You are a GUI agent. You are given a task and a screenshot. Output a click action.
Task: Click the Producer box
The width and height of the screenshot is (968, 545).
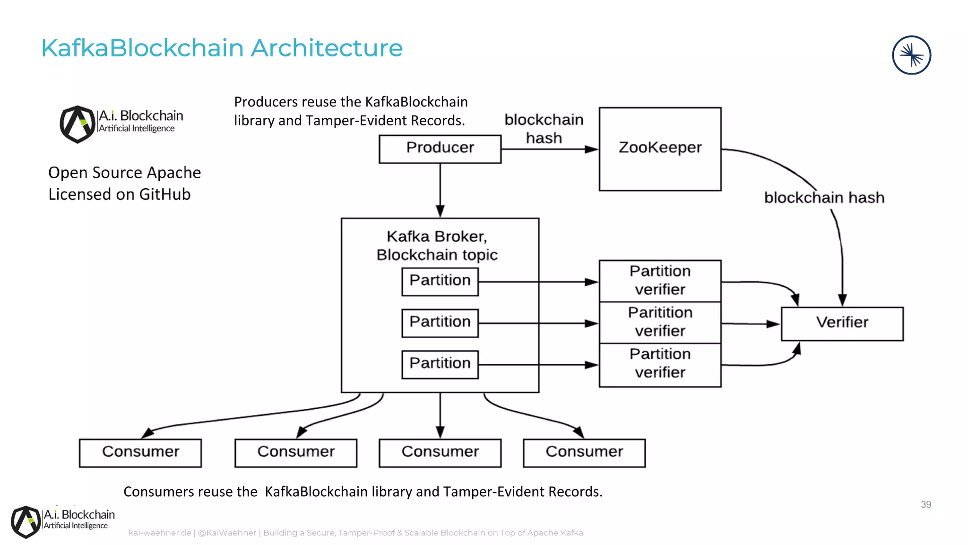click(440, 149)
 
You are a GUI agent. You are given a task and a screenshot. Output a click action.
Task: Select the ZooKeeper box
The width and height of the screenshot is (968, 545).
click(660, 149)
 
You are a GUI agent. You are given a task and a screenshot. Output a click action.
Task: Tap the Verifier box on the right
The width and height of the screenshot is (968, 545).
click(842, 324)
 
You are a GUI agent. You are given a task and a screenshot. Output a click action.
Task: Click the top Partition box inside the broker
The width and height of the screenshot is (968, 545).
click(440, 281)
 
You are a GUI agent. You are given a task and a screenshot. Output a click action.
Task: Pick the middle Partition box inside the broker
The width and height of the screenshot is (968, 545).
click(440, 323)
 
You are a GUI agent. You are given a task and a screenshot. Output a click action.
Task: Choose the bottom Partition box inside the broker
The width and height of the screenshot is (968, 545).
click(440, 364)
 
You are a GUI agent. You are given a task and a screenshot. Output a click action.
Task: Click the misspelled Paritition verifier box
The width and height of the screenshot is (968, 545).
click(660, 322)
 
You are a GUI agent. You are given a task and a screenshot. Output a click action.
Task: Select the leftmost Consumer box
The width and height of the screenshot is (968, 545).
click(140, 453)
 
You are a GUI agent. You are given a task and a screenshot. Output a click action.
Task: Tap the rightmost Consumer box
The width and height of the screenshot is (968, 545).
click(584, 453)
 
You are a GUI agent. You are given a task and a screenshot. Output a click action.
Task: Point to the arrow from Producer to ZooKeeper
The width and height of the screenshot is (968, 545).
click(548, 149)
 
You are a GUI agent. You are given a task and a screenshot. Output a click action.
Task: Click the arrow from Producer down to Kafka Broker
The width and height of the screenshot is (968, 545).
click(440, 189)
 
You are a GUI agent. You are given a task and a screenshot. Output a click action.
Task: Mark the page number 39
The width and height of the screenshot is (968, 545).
click(925, 504)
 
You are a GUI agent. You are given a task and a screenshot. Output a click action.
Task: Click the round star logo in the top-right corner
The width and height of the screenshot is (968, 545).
click(911, 55)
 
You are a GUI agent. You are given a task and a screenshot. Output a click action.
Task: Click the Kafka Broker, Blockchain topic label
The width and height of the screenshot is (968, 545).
click(437, 246)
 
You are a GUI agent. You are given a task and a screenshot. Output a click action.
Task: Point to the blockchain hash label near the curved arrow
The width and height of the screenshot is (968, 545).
click(824, 198)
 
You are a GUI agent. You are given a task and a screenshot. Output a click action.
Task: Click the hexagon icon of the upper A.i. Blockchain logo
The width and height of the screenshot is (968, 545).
click(78, 124)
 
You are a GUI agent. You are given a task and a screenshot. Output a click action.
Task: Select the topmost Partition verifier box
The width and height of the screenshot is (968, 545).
click(660, 281)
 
